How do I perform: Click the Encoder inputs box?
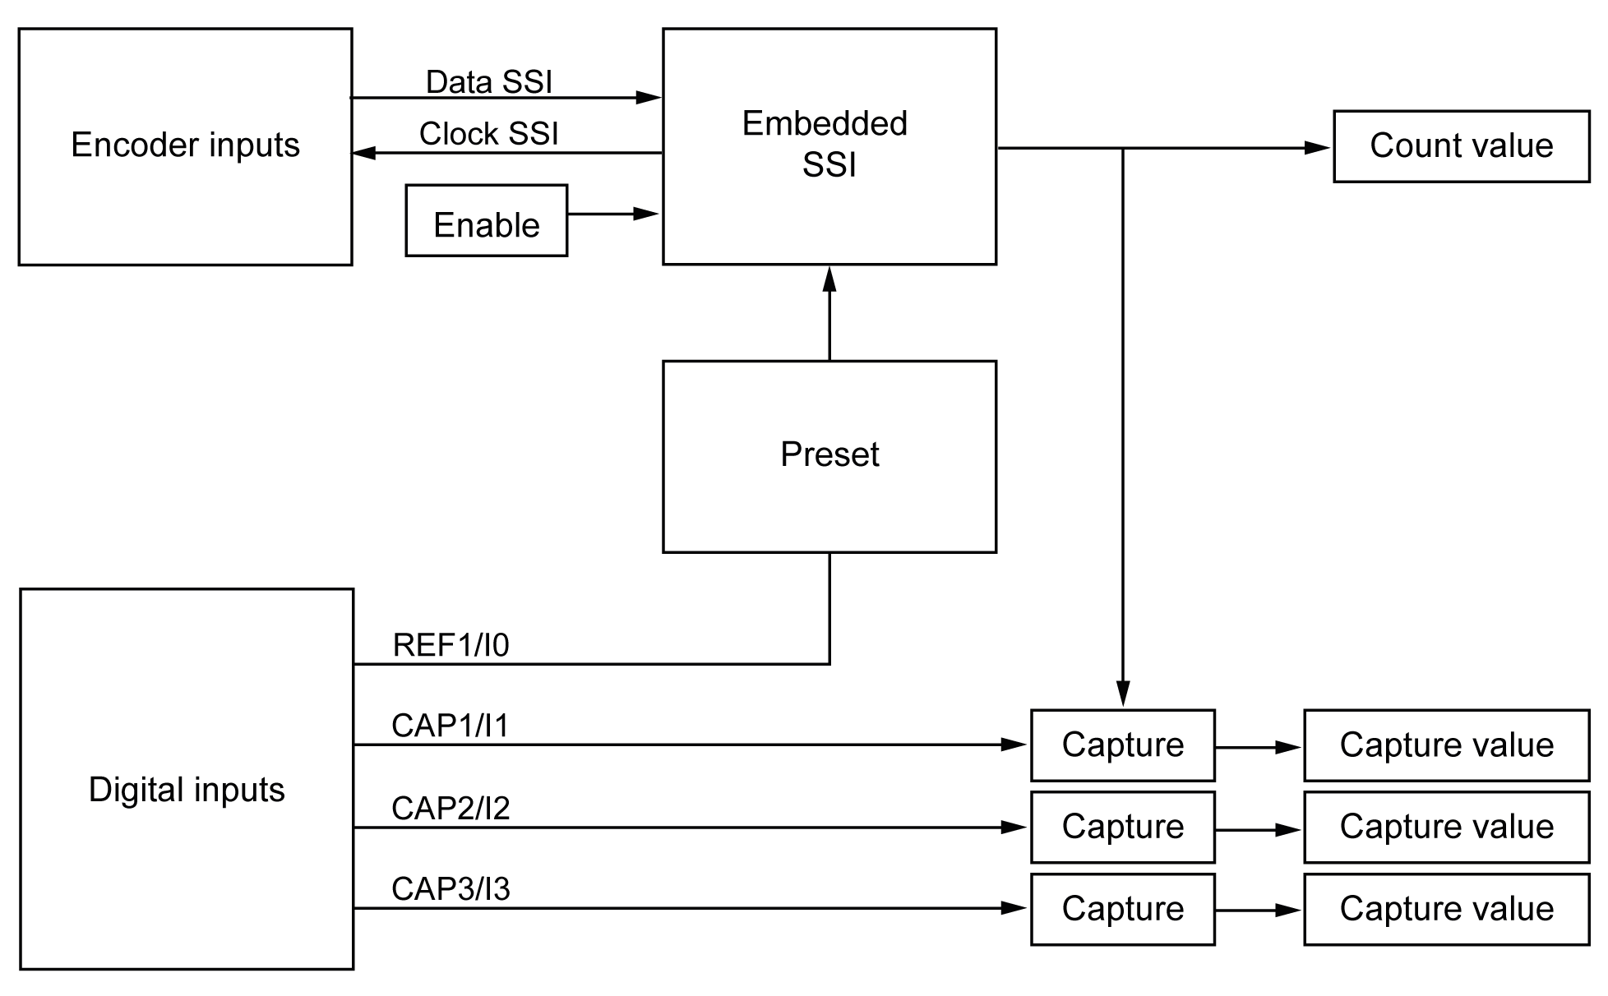pos(185,146)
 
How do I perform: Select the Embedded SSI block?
pos(829,145)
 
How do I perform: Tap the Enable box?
pos(486,220)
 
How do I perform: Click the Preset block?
pos(829,456)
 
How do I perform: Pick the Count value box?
pos(1461,146)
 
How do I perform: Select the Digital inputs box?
pos(186,778)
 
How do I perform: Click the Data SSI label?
pos(488,81)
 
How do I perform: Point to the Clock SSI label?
pos(488,133)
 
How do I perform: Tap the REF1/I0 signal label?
pos(451,645)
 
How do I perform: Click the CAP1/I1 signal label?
pos(451,726)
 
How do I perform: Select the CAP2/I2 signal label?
pos(451,808)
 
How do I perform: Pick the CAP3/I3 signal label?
pos(451,888)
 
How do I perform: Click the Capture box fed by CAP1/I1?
pos(1122,745)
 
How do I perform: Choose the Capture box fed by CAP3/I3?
pos(1122,909)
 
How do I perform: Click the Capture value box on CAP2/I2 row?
pos(1446,827)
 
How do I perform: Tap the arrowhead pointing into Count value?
pos(1317,148)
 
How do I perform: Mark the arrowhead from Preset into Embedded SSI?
pos(829,279)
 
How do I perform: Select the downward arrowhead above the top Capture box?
pos(1123,693)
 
